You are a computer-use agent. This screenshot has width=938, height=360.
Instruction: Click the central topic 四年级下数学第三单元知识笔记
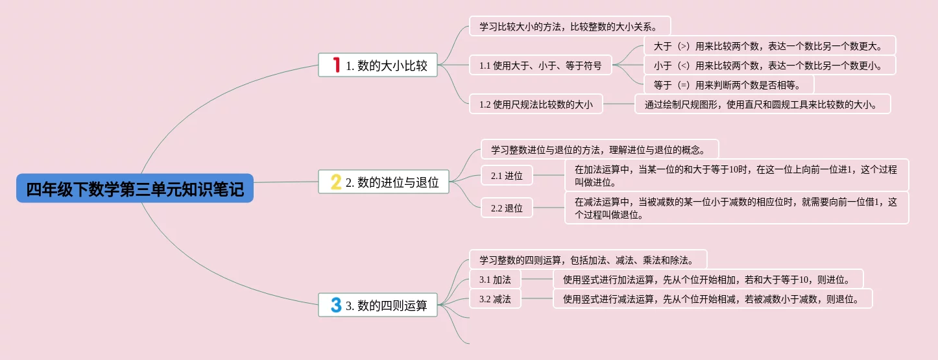[x=135, y=189]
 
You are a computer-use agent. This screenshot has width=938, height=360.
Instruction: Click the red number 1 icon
[x=336, y=64]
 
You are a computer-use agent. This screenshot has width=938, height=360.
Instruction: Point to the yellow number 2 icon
[x=335, y=182]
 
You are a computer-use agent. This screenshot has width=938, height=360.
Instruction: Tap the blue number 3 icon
[x=335, y=305]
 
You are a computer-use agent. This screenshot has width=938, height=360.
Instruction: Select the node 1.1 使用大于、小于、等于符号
[x=540, y=65]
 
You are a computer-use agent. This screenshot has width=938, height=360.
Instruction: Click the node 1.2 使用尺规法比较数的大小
[x=535, y=104]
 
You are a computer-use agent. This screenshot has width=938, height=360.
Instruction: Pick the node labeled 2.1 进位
[x=507, y=175]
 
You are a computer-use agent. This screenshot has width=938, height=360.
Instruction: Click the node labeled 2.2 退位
[x=507, y=208]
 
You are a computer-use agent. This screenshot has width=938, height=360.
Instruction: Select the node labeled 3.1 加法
[x=495, y=280]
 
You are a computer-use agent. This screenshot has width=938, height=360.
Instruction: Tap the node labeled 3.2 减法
[x=495, y=299]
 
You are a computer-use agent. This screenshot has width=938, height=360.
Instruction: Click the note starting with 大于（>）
[x=769, y=45]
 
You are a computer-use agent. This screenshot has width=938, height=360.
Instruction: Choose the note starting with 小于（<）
[x=769, y=65]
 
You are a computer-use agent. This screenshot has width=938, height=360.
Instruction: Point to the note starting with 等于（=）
[x=728, y=84]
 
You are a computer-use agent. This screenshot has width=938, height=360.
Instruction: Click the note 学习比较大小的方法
[x=569, y=27]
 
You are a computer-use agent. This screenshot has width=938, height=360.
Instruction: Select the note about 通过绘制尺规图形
[x=762, y=104]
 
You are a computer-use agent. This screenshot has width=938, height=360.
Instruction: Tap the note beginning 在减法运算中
[x=736, y=208]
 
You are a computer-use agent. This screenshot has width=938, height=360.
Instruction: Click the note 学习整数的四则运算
[x=587, y=260]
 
